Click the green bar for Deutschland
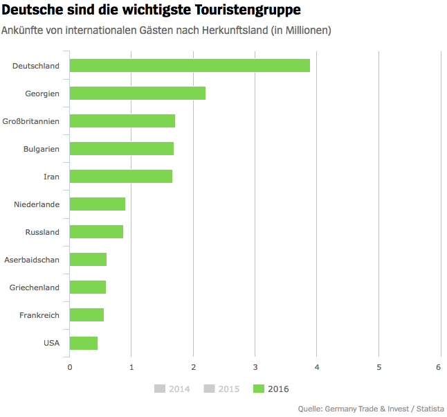point(190,66)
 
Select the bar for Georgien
point(138,94)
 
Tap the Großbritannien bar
point(122,121)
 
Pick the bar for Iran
point(121,177)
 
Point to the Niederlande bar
point(98,204)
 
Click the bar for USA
point(84,343)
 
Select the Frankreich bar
point(86,315)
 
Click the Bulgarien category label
point(42,149)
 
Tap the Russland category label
point(42,232)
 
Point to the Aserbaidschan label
point(32,260)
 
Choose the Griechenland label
point(35,287)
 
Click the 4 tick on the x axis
point(317,367)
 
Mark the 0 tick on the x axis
point(70,367)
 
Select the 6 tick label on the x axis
point(439,367)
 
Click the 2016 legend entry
point(271,389)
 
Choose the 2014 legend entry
point(172,389)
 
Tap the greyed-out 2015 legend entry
point(221,389)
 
